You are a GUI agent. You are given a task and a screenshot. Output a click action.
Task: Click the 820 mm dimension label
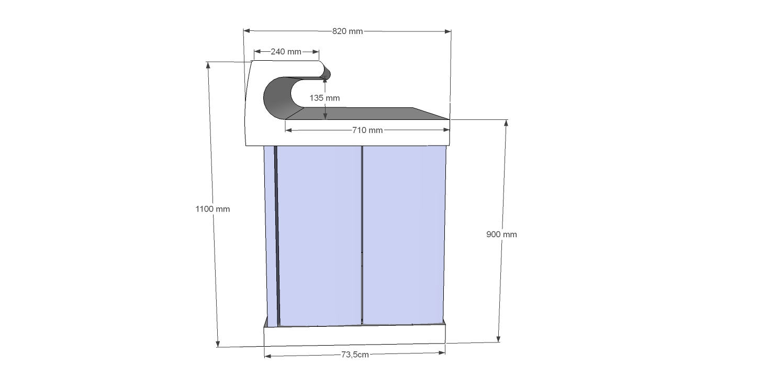tap(348, 31)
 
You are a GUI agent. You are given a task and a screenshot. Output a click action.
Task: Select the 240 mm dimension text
tap(286, 52)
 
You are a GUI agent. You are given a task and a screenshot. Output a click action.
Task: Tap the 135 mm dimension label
tap(324, 98)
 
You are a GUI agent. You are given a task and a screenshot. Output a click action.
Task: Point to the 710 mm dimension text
tap(367, 130)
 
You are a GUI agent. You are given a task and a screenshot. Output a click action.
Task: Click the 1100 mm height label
tap(212, 209)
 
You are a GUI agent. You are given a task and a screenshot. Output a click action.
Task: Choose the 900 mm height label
tap(501, 234)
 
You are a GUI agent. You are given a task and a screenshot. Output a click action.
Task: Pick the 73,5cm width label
tap(355, 355)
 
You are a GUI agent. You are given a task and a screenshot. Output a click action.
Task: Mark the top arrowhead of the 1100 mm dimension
tap(208, 65)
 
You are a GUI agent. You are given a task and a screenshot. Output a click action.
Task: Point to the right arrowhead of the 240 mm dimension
tap(316, 52)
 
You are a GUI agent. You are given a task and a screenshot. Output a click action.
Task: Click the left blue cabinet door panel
tap(318, 236)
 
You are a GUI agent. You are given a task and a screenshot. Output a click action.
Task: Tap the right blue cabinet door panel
tap(403, 236)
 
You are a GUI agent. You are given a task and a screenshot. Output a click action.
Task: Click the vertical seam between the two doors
tap(362, 236)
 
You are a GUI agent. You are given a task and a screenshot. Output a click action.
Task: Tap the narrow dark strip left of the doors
tap(276, 236)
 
